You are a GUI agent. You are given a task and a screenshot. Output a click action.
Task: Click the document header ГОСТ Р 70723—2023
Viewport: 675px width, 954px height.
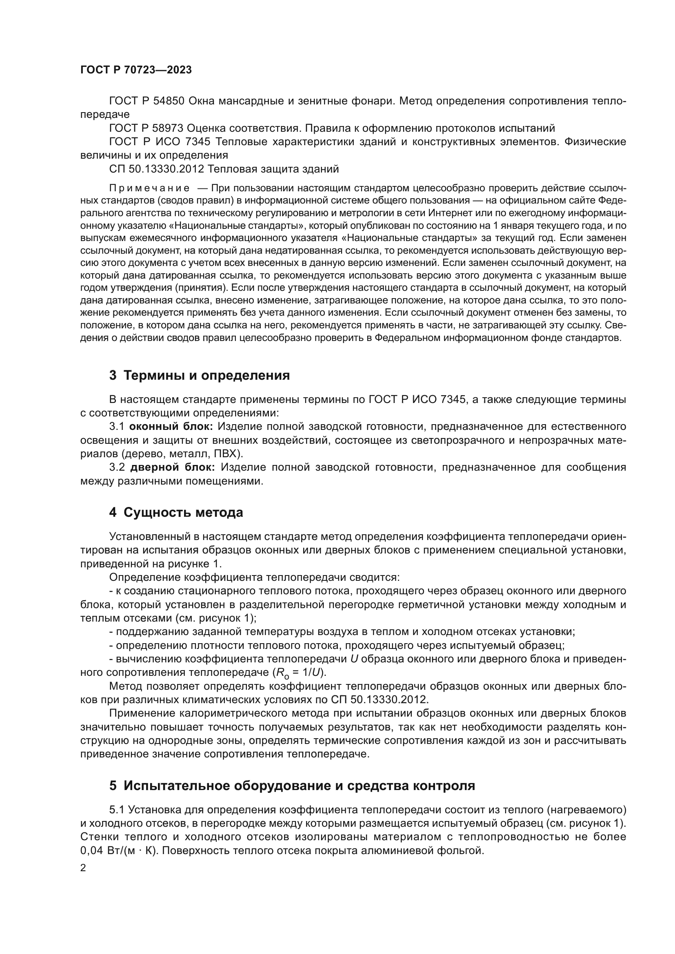136,70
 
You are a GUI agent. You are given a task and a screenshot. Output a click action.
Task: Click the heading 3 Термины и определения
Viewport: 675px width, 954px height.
200,376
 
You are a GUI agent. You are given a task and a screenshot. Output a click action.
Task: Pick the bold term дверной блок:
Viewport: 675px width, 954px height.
173,467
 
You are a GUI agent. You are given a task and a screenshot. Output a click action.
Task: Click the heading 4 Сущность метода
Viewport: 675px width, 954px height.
176,513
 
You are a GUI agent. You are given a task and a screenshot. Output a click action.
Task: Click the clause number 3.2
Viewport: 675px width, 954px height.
117,467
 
